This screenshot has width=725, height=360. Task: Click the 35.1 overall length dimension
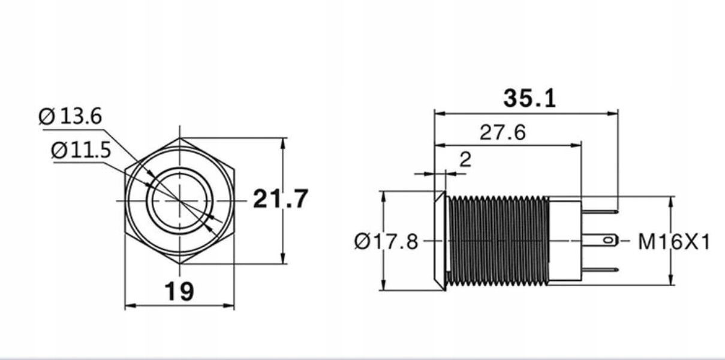530,98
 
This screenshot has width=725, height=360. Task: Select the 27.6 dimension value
503,132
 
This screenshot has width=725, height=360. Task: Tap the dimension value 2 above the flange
465,159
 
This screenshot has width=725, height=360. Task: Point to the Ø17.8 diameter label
386,242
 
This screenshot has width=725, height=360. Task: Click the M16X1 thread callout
673,242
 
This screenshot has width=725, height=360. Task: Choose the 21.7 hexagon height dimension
280,199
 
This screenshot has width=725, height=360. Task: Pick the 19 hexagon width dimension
179,292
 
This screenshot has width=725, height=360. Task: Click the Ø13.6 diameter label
70,116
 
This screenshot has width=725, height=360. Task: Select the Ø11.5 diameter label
81,150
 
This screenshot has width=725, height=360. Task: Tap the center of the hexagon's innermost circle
179,200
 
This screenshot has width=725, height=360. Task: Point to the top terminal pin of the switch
600,211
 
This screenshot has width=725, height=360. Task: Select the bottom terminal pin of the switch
600,269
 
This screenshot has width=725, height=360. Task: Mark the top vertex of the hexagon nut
179,139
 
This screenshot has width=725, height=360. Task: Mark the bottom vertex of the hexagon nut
179,263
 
